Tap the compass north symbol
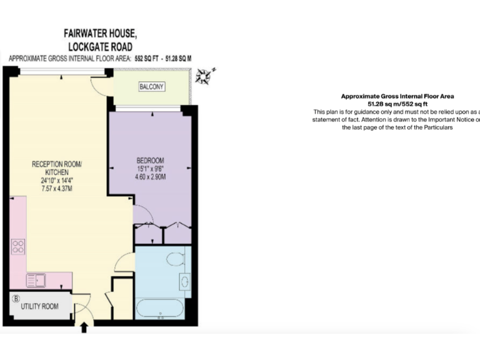pyautogui.click(x=204, y=76)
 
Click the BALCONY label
pyautogui.click(x=152, y=87)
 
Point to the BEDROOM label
pyautogui.click(x=150, y=159)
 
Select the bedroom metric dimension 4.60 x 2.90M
pyautogui.click(x=150, y=176)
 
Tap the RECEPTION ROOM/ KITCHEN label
pyautogui.click(x=57, y=167)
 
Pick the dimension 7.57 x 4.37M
pyautogui.click(x=57, y=188)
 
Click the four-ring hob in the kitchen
pyautogui.click(x=17, y=246)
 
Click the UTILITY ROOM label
pyautogui.click(x=39, y=306)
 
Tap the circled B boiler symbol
pyautogui.click(x=16, y=298)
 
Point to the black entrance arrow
pyautogui.click(x=84, y=327)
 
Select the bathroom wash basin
pyautogui.click(x=186, y=281)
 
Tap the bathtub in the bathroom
pyautogui.click(x=160, y=309)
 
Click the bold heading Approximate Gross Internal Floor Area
pyautogui.click(x=397, y=96)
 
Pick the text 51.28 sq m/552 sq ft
pyautogui.click(x=397, y=103)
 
